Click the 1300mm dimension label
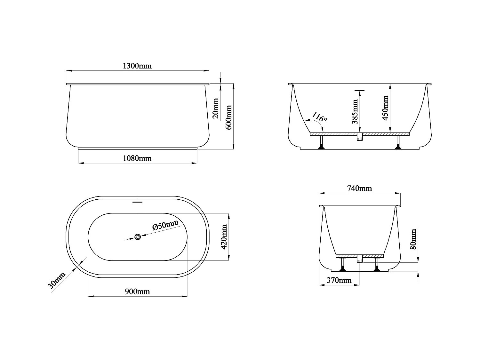[x=137, y=66]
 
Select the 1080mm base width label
[x=137, y=158]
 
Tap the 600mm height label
[x=229, y=117]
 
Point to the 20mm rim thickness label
[x=216, y=108]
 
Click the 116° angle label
[x=319, y=117]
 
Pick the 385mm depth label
[x=355, y=111]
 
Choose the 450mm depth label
[x=385, y=108]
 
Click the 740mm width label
[x=359, y=188]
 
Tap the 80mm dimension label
[x=413, y=239]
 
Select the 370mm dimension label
[x=339, y=281]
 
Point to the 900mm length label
[x=138, y=292]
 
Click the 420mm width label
[x=224, y=237]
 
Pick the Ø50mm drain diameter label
[x=165, y=225]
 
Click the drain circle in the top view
[x=138, y=237]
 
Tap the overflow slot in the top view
[x=137, y=202]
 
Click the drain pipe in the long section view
[x=360, y=137]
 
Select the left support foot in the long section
[x=321, y=143]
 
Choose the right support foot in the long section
[x=398, y=143]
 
